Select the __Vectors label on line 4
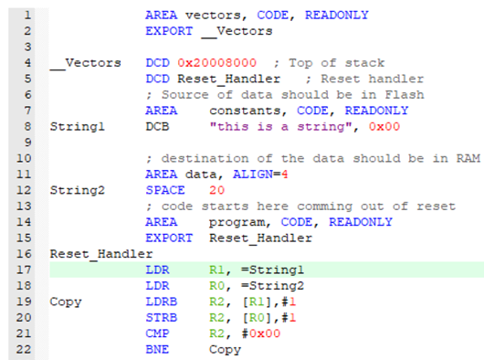coord(85,63)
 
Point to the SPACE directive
coord(164,190)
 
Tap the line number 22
coord(26,348)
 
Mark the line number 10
coord(26,158)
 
